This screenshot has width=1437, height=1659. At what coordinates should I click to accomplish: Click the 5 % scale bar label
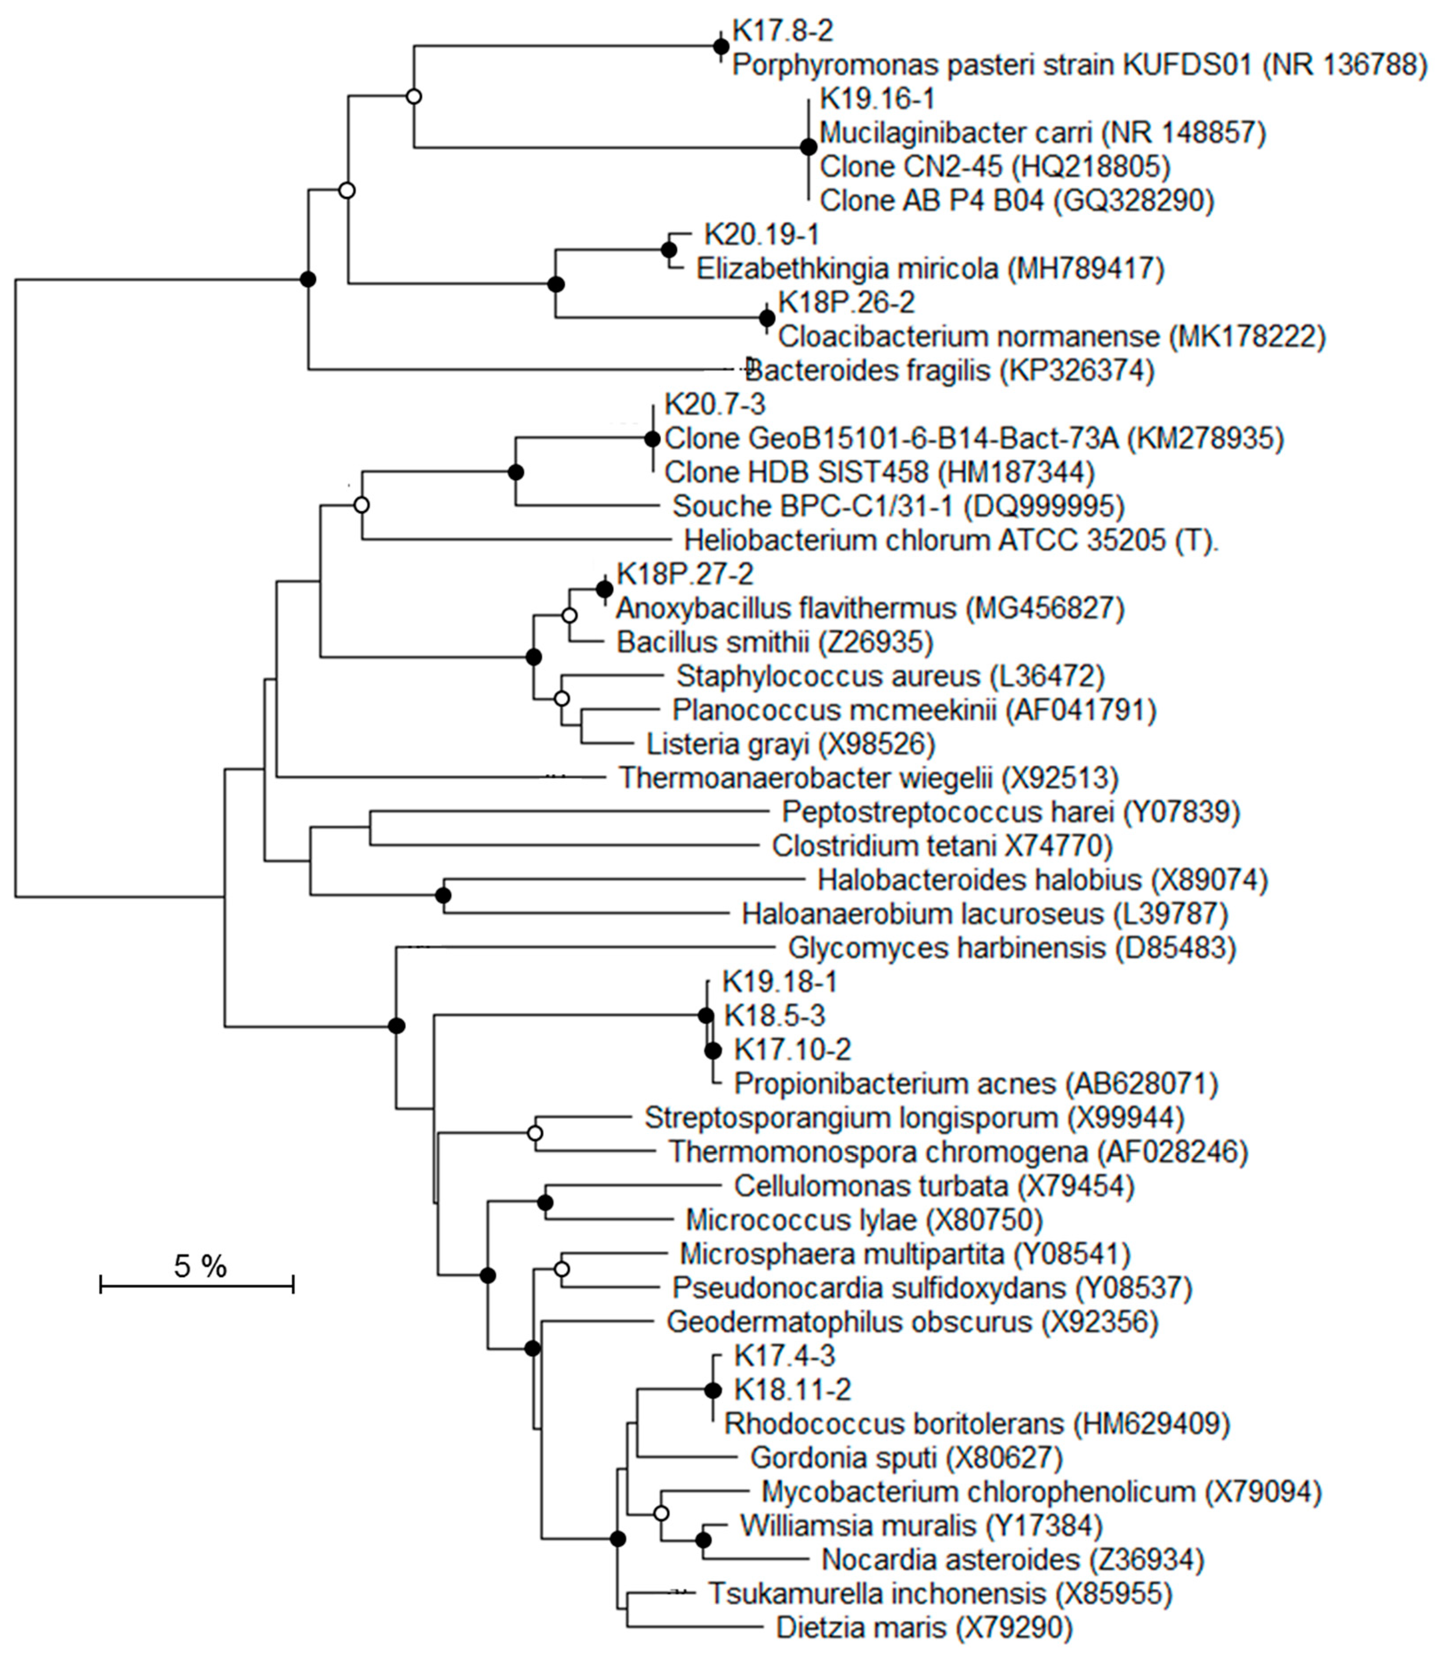[x=200, y=1266]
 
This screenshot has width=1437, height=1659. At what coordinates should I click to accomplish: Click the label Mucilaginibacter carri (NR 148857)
[x=1042, y=133]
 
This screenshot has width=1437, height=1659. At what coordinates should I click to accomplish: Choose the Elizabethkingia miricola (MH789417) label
[x=930, y=268]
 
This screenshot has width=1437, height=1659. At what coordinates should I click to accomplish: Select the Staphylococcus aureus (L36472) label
[x=890, y=676]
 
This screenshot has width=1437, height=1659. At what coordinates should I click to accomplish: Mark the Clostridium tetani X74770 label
[x=942, y=846]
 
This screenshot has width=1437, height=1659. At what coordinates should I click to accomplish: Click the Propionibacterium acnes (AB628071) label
[x=976, y=1084]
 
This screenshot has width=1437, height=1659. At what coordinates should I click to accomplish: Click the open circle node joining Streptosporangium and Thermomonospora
[x=535, y=1133]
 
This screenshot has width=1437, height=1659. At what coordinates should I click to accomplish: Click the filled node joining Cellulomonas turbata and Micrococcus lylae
[x=545, y=1202]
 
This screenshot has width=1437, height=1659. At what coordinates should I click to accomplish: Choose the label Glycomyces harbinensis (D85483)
[x=1012, y=948]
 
